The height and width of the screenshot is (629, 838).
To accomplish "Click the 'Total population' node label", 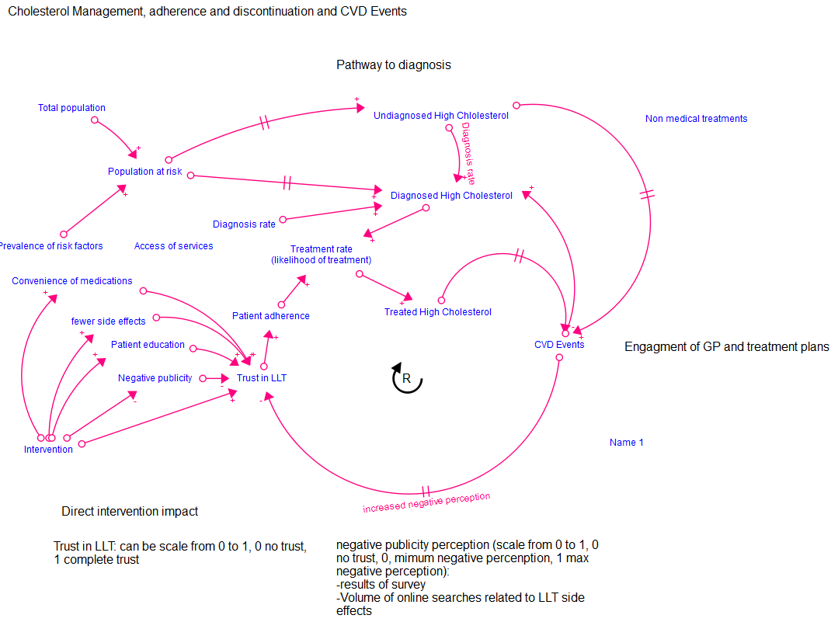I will click(x=71, y=108).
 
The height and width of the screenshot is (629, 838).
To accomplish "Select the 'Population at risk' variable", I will click(x=144, y=172).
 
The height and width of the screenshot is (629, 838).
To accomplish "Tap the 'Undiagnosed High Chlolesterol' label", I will click(x=440, y=116).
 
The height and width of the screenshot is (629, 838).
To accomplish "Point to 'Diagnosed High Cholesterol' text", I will click(x=451, y=196).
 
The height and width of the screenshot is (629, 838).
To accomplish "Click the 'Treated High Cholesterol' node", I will click(x=437, y=312).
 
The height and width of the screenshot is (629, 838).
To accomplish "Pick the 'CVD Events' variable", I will click(x=558, y=344).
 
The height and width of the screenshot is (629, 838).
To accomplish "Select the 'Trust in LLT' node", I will click(x=261, y=378).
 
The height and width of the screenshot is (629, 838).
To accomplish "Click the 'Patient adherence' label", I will click(x=270, y=316).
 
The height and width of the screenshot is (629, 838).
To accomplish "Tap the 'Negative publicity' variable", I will click(x=155, y=378).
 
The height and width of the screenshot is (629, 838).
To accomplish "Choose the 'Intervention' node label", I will click(x=48, y=450).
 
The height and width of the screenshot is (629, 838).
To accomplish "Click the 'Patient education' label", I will click(x=148, y=345).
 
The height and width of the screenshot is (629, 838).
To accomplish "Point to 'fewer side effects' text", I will click(x=108, y=321).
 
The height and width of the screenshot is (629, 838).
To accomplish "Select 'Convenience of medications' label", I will click(x=71, y=281).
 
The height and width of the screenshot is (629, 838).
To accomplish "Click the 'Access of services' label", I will click(x=173, y=246).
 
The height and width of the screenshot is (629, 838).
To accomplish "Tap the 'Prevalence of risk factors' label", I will click(x=50, y=246).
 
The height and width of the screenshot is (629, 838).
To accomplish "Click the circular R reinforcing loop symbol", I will click(x=406, y=379).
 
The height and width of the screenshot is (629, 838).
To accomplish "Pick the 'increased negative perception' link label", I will click(x=426, y=502).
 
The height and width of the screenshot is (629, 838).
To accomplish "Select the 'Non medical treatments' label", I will click(x=696, y=119).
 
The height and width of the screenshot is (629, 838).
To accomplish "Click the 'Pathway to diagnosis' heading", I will click(x=393, y=65).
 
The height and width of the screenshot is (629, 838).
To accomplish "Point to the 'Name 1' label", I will click(x=626, y=443).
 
